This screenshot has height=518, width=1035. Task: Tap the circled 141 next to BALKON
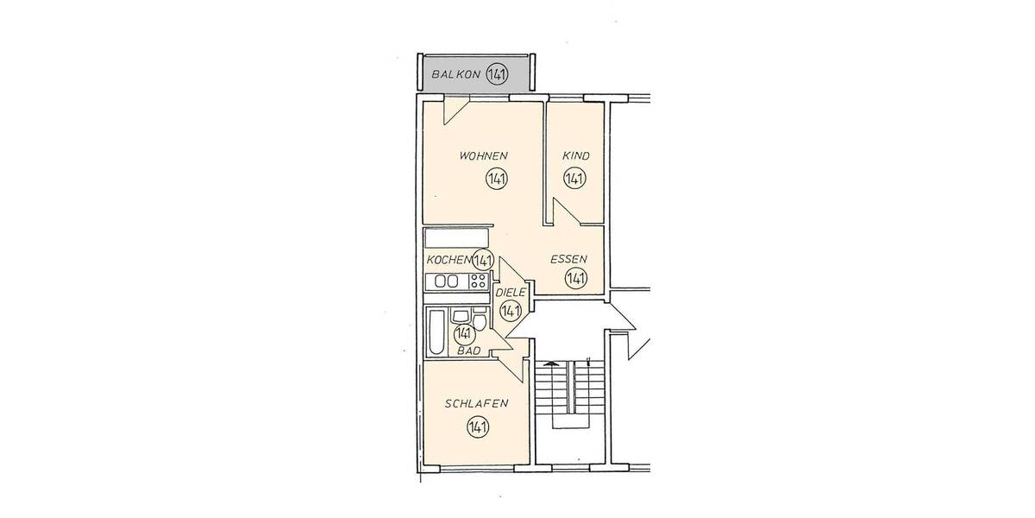496,75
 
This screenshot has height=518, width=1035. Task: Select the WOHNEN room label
483,156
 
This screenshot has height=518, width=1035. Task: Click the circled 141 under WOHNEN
496,180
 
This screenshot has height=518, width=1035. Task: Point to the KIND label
575,156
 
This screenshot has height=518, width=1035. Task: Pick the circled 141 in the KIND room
574,180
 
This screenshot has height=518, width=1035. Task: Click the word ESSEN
569,259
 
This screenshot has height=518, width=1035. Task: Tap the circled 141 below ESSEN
575,278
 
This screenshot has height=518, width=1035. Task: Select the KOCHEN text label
448,260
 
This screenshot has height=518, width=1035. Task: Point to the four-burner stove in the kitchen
478,281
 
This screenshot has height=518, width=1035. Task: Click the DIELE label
511,294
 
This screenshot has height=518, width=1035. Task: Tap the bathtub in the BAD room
436,332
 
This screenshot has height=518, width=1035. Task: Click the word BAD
468,351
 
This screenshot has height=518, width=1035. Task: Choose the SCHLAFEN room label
475,404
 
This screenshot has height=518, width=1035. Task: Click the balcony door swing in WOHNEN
454,111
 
